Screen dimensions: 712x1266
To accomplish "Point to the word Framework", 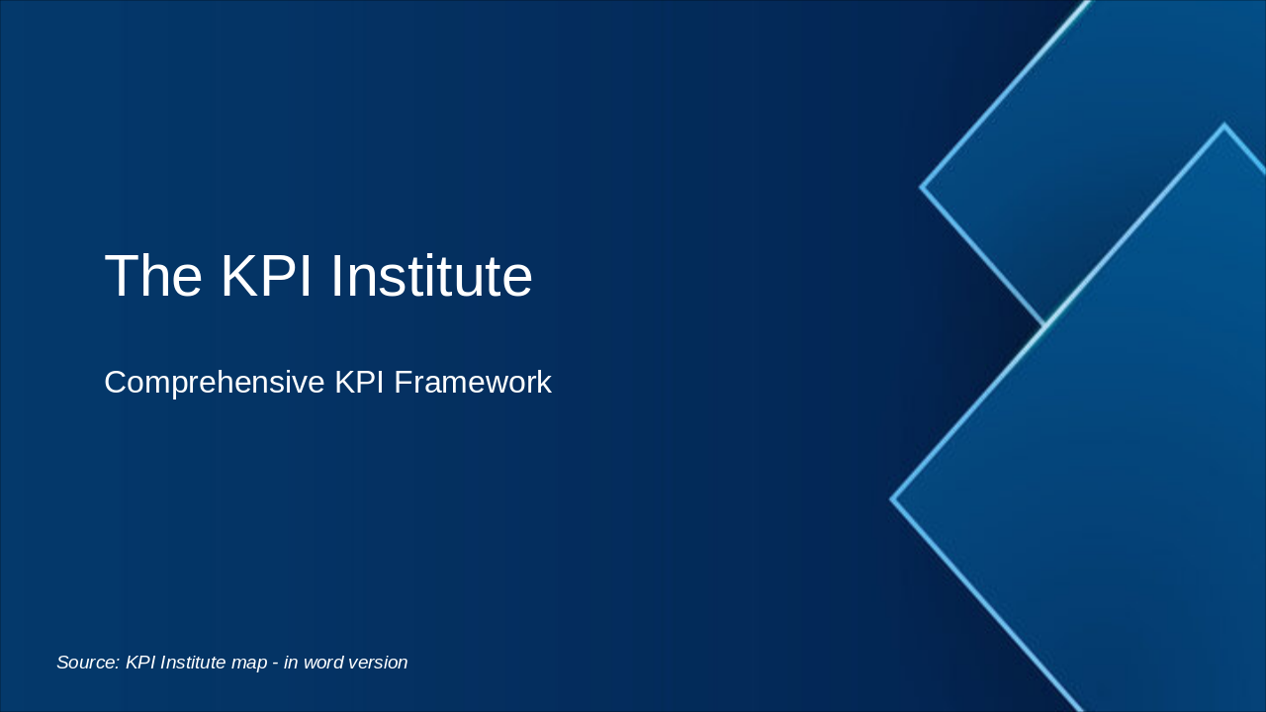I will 473,383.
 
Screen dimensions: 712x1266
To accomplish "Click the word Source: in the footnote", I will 88,663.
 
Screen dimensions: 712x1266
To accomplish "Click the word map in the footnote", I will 249,663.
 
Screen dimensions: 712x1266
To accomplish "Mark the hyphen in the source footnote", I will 275,663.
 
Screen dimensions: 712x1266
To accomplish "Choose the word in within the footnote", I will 291,663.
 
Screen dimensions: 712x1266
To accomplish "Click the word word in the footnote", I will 324,663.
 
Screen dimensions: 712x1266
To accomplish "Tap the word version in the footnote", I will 379,663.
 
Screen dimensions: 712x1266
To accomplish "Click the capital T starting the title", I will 122,276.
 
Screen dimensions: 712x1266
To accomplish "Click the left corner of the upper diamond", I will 922,186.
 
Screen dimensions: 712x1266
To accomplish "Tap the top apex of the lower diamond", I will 1223,126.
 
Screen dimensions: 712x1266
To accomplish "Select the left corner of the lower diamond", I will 892,499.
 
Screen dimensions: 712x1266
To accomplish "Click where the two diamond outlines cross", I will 1045,323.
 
